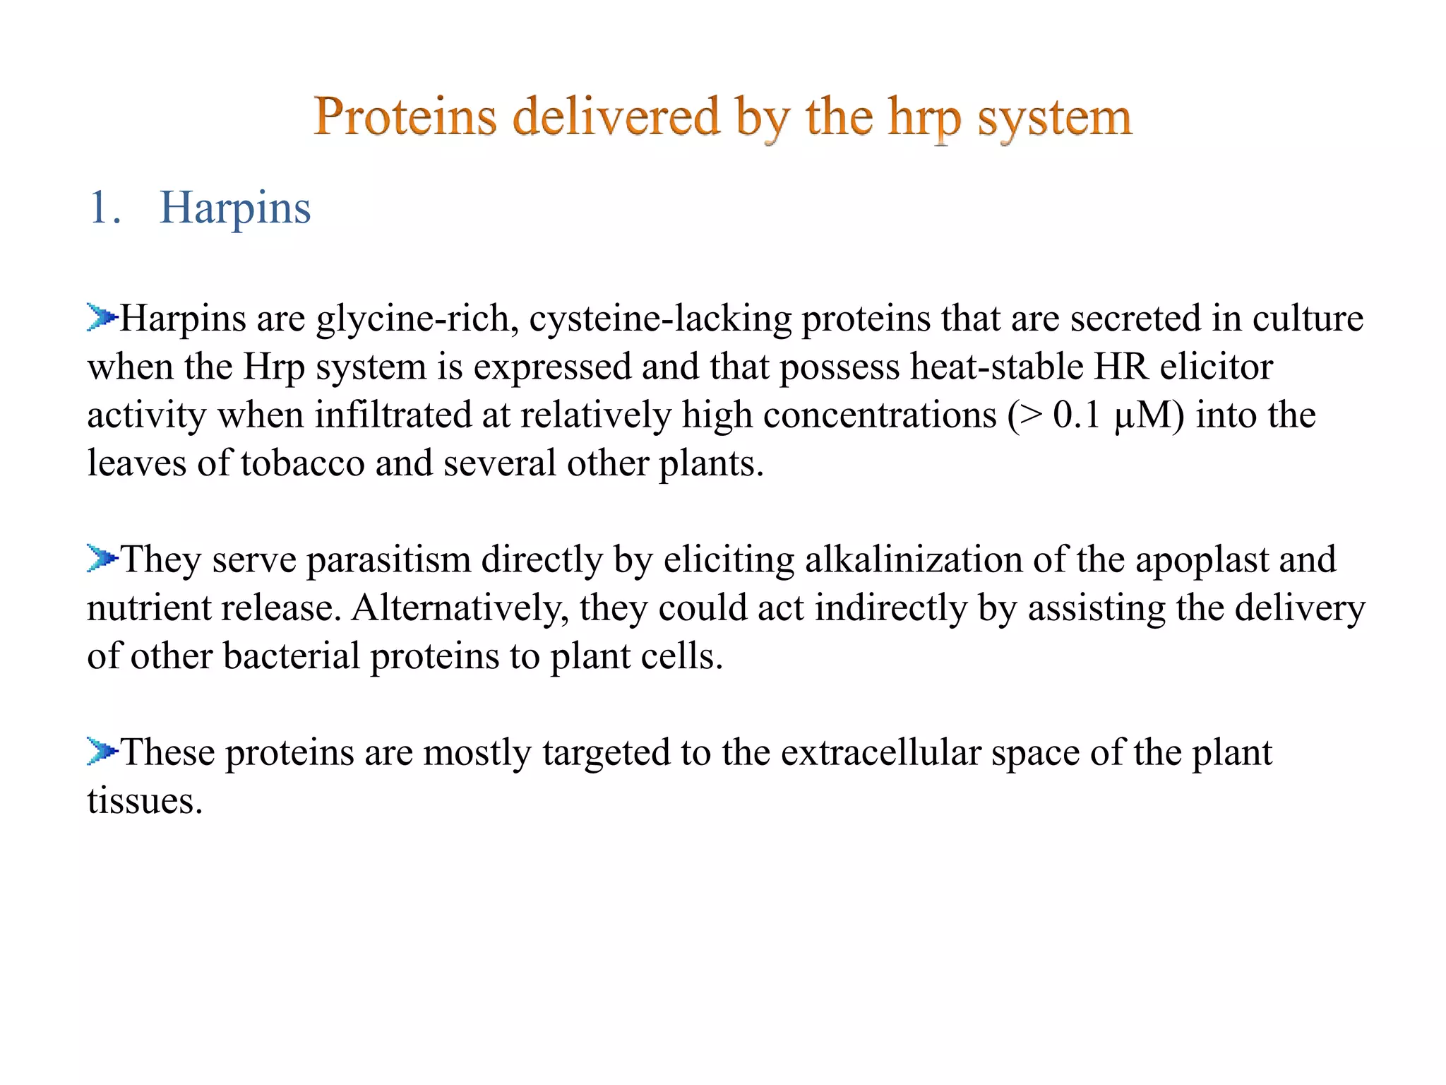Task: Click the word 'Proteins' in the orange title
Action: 405,117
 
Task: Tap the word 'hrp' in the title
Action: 924,119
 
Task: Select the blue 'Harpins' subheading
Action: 235,208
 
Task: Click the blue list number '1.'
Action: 104,208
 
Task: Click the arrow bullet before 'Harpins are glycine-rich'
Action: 102,317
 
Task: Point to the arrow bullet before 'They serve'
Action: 102,558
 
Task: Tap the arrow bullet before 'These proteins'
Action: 102,751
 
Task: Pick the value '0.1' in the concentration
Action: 1077,415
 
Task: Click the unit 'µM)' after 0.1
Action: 1149,415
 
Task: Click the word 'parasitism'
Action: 388,560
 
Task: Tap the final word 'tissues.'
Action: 145,801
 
